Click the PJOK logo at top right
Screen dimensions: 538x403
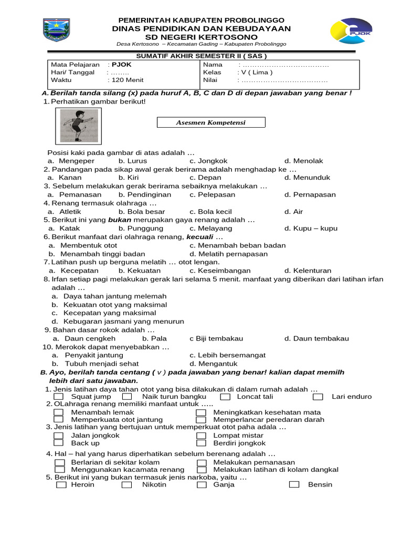pos(351,32)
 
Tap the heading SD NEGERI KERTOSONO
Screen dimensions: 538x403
pos(201,37)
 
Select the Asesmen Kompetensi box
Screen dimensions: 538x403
pos(211,122)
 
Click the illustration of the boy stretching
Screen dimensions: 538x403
pos(79,126)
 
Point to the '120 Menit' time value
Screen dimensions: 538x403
pos(126,80)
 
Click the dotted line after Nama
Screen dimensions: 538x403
pos(285,65)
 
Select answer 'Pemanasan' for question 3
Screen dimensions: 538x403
pos(80,194)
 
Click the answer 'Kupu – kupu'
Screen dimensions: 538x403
pos(315,229)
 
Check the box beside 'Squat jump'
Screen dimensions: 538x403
pos(59,397)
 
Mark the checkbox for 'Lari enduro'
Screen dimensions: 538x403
pos(319,397)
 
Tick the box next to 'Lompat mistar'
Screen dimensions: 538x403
pos(201,436)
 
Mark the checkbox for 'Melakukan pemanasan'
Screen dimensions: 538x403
pos(201,462)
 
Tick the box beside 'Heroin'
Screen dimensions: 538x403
pos(61,484)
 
